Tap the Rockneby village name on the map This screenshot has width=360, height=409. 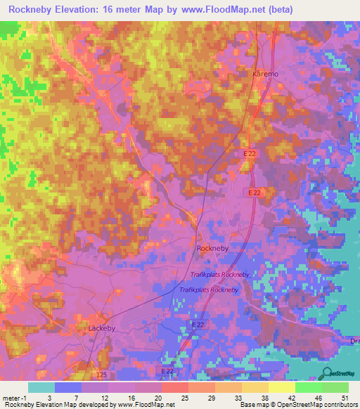tap(209, 248)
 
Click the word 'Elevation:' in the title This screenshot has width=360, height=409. tap(89, 10)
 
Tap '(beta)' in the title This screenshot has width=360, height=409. tap(278, 10)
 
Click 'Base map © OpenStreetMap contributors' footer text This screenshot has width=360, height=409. tap(297, 405)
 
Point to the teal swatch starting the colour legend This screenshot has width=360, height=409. tap(41, 387)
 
